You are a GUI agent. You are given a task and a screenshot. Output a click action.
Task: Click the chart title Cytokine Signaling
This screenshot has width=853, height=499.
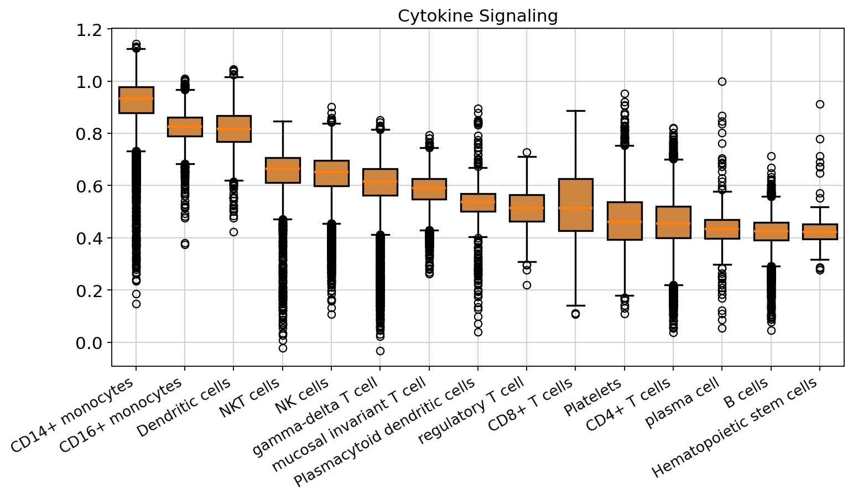point(477,16)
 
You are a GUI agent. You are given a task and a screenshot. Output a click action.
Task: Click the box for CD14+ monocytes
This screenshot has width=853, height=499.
point(136,100)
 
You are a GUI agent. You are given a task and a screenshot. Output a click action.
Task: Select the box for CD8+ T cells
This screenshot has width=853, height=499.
point(575,205)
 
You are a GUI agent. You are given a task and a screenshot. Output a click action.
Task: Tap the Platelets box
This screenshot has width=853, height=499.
point(625,221)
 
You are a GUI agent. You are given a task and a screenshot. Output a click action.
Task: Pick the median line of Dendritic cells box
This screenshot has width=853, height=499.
point(233,129)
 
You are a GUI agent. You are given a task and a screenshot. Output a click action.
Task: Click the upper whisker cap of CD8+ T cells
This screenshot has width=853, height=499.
point(575,111)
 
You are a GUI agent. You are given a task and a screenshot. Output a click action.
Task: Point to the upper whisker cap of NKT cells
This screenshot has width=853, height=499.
point(283,121)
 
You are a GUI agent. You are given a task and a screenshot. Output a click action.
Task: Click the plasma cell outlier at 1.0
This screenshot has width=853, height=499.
point(722,81)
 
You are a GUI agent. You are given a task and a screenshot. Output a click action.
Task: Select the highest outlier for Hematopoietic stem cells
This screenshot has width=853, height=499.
point(820,104)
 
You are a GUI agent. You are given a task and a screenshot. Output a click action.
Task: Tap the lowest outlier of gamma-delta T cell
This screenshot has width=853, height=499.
point(380,351)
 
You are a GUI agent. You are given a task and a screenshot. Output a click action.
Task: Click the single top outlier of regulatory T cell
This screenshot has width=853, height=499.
point(527,152)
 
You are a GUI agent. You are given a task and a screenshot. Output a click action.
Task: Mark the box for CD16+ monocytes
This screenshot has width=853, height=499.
point(185,127)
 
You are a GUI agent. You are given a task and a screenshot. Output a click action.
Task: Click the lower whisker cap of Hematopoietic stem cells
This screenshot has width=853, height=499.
point(820,259)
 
